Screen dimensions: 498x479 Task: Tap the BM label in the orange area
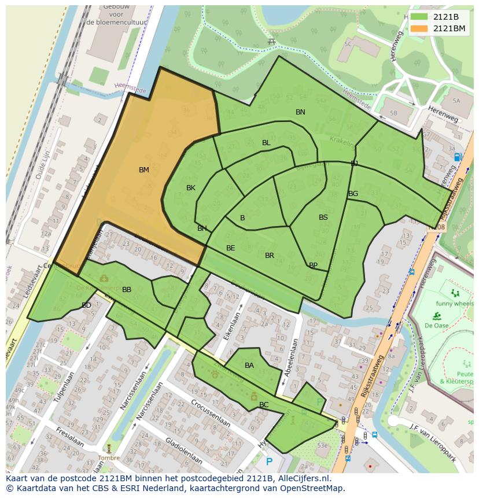point(144,169)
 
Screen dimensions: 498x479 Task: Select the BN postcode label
point(300,112)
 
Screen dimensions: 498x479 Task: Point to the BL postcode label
point(266,142)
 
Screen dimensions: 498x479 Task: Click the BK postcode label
point(191,187)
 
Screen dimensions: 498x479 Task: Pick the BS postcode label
point(323,217)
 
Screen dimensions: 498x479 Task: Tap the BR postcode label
point(270,255)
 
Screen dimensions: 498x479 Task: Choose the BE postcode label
point(231,248)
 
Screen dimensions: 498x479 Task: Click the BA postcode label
point(249,365)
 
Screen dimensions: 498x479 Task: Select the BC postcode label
point(264,404)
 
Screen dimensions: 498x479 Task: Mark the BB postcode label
point(127,289)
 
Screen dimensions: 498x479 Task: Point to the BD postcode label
point(86,305)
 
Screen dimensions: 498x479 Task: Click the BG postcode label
point(353,193)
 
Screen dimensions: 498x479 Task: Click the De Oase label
point(436,325)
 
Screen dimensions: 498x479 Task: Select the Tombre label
point(109,458)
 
